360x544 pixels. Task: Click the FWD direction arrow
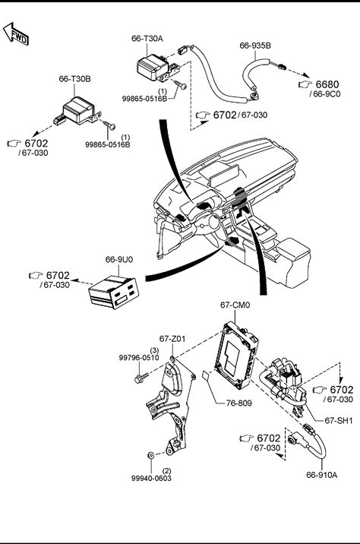click(16, 35)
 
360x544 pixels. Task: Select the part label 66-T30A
click(147, 39)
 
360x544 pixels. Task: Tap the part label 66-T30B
click(74, 79)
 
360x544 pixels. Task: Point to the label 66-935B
click(255, 46)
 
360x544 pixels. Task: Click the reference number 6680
click(327, 84)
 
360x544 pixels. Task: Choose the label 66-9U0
click(119, 260)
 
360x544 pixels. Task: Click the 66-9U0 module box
click(114, 292)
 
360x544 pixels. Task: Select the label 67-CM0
click(235, 305)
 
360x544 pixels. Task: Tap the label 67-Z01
click(172, 339)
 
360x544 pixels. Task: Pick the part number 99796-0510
click(139, 358)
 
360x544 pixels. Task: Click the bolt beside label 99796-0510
click(141, 378)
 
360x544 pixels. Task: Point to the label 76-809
click(239, 403)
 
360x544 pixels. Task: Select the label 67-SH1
click(339, 420)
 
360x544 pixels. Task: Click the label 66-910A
click(321, 475)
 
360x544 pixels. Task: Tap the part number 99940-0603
click(151, 479)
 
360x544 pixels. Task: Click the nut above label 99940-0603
click(151, 454)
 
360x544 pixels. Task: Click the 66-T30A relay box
click(152, 68)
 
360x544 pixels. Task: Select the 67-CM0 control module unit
click(236, 355)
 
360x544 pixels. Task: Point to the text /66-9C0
click(325, 94)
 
